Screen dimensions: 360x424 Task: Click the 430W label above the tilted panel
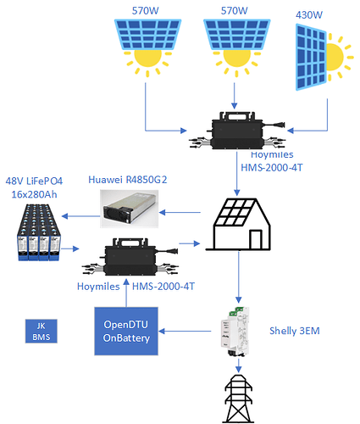pyautogui.click(x=309, y=14)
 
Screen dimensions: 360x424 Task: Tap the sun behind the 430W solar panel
pyautogui.click(x=337, y=57)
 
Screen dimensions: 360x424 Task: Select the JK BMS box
pyautogui.click(x=42, y=332)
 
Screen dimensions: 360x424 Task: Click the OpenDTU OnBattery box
pyautogui.click(x=126, y=331)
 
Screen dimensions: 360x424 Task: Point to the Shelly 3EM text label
pyautogui.click(x=295, y=331)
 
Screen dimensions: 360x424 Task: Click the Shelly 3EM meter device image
pyautogui.click(x=235, y=332)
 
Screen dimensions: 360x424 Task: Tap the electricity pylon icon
pyautogui.click(x=239, y=399)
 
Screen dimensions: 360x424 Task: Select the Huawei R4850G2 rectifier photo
pyautogui.click(x=130, y=209)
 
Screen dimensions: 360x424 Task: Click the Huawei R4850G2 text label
pyautogui.click(x=128, y=180)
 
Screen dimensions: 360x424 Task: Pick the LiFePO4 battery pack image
pyautogui.click(x=39, y=232)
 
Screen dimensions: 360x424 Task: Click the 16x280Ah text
pyautogui.click(x=34, y=194)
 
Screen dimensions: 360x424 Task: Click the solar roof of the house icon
pyautogui.click(x=234, y=213)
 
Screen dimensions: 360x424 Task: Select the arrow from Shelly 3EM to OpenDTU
pyautogui.click(x=185, y=331)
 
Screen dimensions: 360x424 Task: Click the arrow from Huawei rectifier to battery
pyautogui.click(x=80, y=216)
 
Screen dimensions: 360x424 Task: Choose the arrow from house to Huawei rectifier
pyautogui.click(x=180, y=212)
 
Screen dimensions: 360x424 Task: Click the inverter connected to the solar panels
pyautogui.click(x=237, y=131)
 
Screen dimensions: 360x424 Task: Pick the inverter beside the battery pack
pyautogui.click(x=130, y=257)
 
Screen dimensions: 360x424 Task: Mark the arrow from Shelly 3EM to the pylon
pyautogui.click(x=239, y=365)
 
